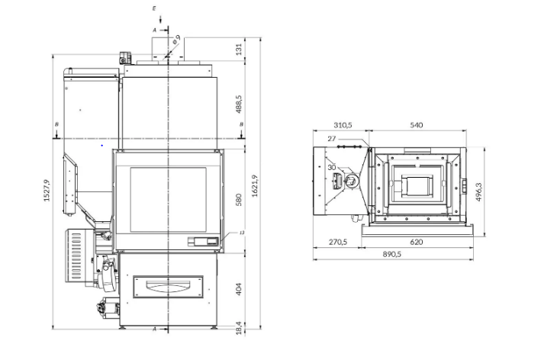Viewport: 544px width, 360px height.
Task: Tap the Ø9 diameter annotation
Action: pyautogui.click(x=176, y=39)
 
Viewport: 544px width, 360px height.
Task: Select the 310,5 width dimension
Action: pyautogui.click(x=343, y=124)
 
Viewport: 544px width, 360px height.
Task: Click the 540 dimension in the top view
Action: pyautogui.click(x=417, y=124)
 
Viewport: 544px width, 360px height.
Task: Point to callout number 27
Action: pyautogui.click(x=331, y=138)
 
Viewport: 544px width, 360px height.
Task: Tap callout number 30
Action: pyautogui.click(x=331, y=167)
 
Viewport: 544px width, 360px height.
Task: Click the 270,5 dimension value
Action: pyautogui.click(x=336, y=242)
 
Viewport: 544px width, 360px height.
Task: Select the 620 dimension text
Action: pyautogui.click(x=416, y=242)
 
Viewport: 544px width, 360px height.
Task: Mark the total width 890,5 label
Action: pyautogui.click(x=394, y=254)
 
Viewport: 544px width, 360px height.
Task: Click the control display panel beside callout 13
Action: pyautogui.click(x=204, y=242)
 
